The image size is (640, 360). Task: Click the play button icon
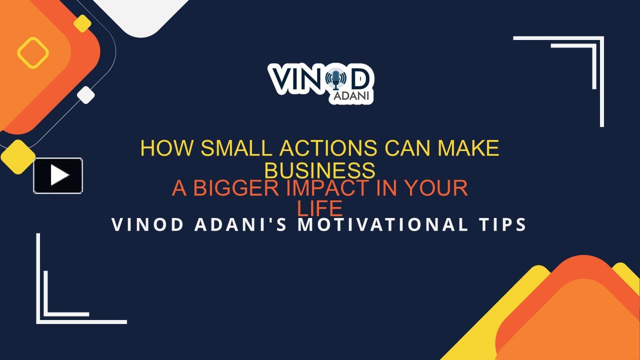[x=58, y=175]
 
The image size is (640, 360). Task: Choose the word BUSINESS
[x=319, y=170]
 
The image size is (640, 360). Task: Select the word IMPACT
[x=327, y=188]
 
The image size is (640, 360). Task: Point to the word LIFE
[x=319, y=208]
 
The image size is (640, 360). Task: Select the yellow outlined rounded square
[x=33, y=52]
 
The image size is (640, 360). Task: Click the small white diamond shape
[x=86, y=95]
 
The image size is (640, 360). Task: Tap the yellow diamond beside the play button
[x=18, y=157]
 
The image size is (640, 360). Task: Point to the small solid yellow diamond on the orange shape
[x=82, y=23]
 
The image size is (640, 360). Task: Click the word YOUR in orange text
[x=435, y=188]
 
